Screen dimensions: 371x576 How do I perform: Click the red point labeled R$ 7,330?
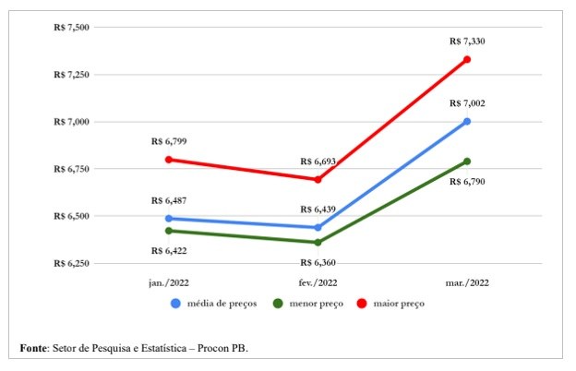467,60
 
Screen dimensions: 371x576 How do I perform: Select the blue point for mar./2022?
467,121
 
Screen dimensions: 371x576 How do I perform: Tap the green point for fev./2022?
318,243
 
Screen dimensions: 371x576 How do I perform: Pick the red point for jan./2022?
169,160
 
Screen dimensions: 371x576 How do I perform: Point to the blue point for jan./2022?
169,219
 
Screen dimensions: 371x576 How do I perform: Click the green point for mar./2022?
467,162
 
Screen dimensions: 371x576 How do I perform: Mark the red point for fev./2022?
318,179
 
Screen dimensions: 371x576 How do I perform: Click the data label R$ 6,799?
169,142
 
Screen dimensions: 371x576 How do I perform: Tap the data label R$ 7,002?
467,103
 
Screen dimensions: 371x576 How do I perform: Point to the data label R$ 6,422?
169,249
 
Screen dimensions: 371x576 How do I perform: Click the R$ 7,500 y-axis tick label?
72,28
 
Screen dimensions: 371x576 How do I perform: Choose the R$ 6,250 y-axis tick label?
72,263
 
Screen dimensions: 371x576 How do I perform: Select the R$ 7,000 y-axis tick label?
72,122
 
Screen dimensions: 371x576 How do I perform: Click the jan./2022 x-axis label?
169,282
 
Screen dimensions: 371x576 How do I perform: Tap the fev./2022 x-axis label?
318,282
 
